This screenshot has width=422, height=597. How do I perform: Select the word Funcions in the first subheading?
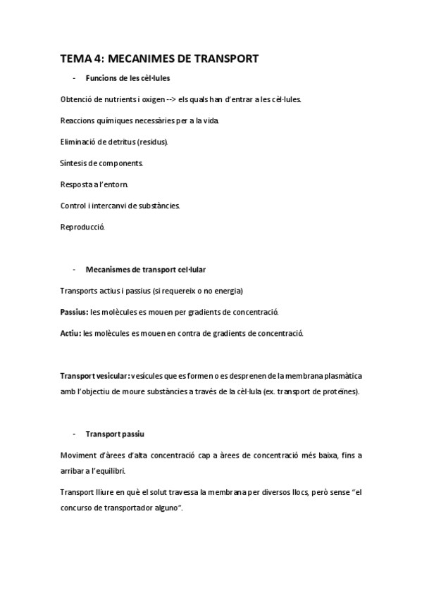pos(100,77)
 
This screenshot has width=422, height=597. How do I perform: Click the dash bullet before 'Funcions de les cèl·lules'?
pos(74,77)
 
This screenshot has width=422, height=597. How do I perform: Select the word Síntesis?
pos(74,163)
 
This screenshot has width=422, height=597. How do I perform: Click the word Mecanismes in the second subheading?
pos(106,270)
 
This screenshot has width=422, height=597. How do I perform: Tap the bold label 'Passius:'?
pos(75,312)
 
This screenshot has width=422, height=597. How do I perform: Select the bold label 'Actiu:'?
pos(71,333)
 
